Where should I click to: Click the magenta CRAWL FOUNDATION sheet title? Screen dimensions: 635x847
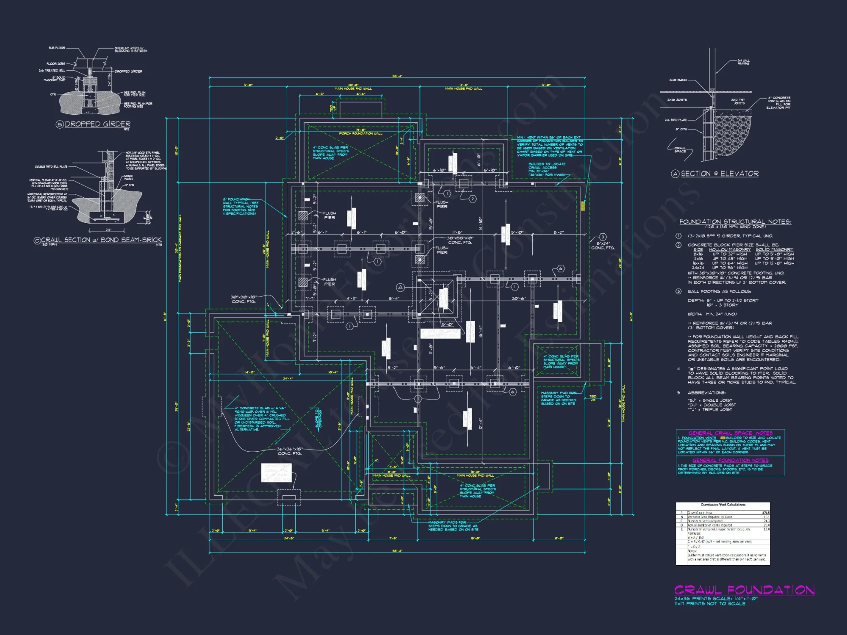[x=744, y=590]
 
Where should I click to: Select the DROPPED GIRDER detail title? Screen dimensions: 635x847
[x=97, y=124]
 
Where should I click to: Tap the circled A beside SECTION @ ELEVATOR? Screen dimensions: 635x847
[x=675, y=174]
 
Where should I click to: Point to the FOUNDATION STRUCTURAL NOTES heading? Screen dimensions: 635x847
[x=735, y=222]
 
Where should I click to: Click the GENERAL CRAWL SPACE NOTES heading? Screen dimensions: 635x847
[x=730, y=433]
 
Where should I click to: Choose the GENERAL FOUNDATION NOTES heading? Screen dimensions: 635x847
[x=730, y=460]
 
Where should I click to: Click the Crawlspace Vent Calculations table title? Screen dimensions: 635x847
[x=722, y=505]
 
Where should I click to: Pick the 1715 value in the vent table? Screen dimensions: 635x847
[x=766, y=513]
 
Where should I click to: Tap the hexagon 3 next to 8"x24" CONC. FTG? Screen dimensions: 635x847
[x=603, y=237]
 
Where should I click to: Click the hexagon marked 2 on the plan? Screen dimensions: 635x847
[x=473, y=199]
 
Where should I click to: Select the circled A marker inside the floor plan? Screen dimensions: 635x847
[x=400, y=287]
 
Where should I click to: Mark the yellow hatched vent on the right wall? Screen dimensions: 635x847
[x=583, y=206]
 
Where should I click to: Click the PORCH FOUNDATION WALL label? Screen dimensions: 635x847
[x=360, y=133]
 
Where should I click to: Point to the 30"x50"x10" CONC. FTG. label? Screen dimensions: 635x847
[x=460, y=240]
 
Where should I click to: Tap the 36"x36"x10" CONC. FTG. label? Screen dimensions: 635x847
[x=290, y=451]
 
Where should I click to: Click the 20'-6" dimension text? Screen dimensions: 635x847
[x=519, y=299]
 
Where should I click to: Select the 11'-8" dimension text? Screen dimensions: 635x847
[x=457, y=232]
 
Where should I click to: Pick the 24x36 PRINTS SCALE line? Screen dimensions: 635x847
[x=716, y=599]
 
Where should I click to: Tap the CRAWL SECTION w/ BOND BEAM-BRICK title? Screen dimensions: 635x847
[x=101, y=240]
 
